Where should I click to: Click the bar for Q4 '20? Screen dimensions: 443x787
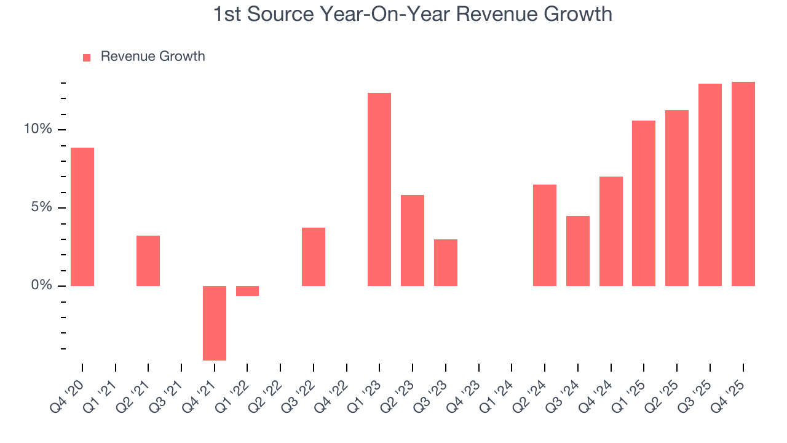pyautogui.click(x=82, y=217)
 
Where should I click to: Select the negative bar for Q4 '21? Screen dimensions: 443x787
pyautogui.click(x=215, y=323)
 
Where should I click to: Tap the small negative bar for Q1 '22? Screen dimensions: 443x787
pyautogui.click(x=247, y=291)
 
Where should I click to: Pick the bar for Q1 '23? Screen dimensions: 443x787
pyautogui.click(x=379, y=190)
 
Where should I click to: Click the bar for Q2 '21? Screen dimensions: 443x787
pyautogui.click(x=148, y=261)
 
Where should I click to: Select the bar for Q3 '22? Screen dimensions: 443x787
pyautogui.click(x=314, y=257)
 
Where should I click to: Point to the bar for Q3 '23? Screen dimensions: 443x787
pyautogui.click(x=446, y=263)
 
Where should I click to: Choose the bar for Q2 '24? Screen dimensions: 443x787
pyautogui.click(x=545, y=235)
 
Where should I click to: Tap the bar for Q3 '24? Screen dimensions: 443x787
pyautogui.click(x=578, y=251)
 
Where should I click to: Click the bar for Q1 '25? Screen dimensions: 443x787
pyautogui.click(x=644, y=203)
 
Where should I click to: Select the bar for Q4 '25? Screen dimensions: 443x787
pyautogui.click(x=743, y=184)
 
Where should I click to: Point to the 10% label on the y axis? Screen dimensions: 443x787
pyautogui.click(x=38, y=129)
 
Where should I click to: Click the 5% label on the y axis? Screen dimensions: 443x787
pyautogui.click(x=42, y=207)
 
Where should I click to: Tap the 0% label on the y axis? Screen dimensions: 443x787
pyautogui.click(x=42, y=285)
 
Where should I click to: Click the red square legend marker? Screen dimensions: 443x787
pyautogui.click(x=87, y=57)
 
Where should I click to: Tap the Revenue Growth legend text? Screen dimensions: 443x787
pyautogui.click(x=152, y=57)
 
